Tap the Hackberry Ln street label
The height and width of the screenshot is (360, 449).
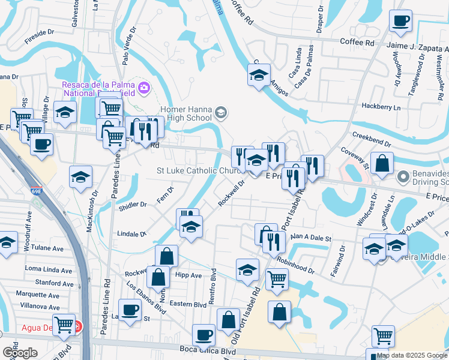(x=381, y=107)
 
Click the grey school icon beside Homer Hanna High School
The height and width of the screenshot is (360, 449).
(x=221, y=112)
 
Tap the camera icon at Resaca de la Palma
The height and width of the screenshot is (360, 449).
(x=143, y=89)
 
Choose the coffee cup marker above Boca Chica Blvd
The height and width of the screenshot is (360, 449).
(x=203, y=334)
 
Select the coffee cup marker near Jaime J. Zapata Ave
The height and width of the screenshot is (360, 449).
(x=400, y=22)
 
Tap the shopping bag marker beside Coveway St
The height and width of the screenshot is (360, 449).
(x=382, y=163)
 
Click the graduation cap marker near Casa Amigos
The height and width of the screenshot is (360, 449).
(x=259, y=76)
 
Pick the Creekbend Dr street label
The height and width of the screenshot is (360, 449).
(x=372, y=140)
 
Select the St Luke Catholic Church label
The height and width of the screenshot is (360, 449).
(x=197, y=171)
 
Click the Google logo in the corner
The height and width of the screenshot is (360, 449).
(x=19, y=353)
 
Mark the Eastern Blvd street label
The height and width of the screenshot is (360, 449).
(x=188, y=304)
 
